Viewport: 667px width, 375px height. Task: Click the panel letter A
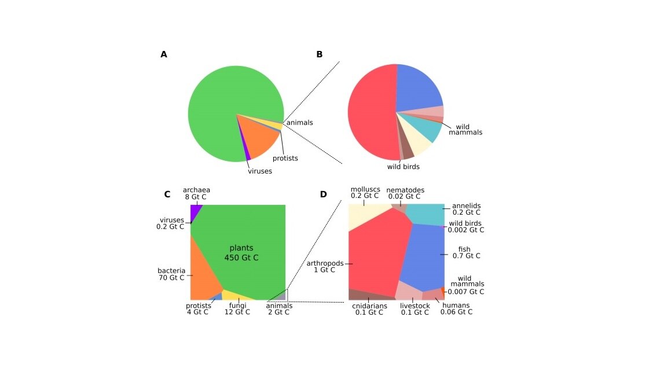tap(164, 54)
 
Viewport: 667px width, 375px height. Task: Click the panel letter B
tap(319, 54)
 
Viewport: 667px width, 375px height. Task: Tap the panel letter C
tap(167, 194)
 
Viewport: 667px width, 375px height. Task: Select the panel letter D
tap(323, 194)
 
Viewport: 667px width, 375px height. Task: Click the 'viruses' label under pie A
tap(260, 171)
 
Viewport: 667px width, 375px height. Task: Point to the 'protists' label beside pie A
tap(285, 158)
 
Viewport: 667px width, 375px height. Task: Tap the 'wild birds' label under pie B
tap(403, 167)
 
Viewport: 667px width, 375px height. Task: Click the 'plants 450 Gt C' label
tap(241, 253)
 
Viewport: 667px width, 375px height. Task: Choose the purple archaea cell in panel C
tap(195, 212)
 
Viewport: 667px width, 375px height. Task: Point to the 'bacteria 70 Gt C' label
tap(171, 274)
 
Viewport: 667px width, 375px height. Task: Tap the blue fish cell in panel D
tap(423, 255)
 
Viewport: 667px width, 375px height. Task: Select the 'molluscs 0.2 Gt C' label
tap(365, 193)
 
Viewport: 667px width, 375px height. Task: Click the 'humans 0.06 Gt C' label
tap(456, 309)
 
